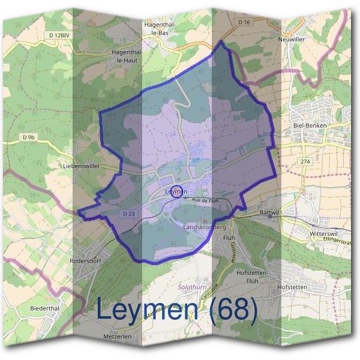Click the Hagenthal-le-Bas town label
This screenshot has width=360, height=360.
point(159,29)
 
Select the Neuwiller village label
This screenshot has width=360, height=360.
point(292,39)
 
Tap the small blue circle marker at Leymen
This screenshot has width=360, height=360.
point(176,192)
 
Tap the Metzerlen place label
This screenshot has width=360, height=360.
point(116,337)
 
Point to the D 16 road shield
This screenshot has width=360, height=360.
point(243,22)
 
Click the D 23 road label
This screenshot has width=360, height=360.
point(127,213)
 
